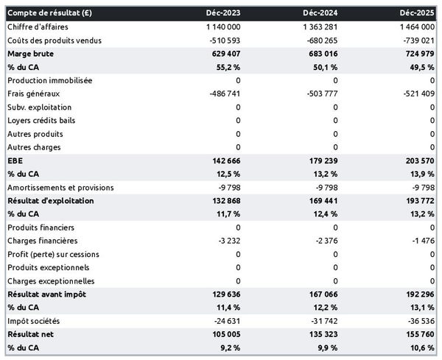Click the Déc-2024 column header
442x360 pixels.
[322, 13]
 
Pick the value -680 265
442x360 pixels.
[318, 40]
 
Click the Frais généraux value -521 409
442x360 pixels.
[415, 93]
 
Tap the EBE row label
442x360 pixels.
[14, 160]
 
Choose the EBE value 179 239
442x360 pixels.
[323, 160]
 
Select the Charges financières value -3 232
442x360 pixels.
[225, 241]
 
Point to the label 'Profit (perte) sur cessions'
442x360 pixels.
[52, 254]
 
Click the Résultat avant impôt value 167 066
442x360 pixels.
[323, 294]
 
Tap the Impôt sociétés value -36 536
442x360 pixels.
[417, 320]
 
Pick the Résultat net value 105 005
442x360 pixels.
[224, 333]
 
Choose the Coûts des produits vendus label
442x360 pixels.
[54, 40]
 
